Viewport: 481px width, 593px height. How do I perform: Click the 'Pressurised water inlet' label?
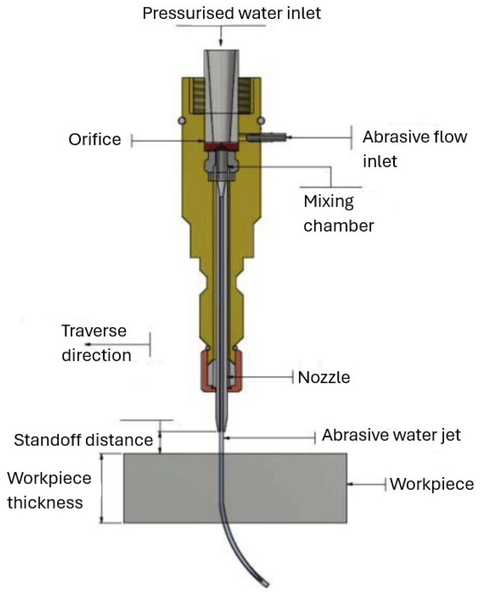231,13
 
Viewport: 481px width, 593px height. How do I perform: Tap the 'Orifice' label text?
95,139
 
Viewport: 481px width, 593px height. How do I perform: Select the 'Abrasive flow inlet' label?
414,148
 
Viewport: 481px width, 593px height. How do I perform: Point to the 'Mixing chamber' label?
338,213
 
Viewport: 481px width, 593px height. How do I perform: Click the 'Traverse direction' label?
96,343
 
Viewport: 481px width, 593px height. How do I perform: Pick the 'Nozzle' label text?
324,377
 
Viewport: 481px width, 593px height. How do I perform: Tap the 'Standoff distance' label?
83,440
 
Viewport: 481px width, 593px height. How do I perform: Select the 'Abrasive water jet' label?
391,435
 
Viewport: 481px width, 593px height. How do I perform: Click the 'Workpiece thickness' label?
49,490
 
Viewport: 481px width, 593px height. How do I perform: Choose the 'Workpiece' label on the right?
431,484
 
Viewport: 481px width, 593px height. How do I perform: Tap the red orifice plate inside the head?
221,147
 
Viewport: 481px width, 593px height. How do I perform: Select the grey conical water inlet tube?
221,90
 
